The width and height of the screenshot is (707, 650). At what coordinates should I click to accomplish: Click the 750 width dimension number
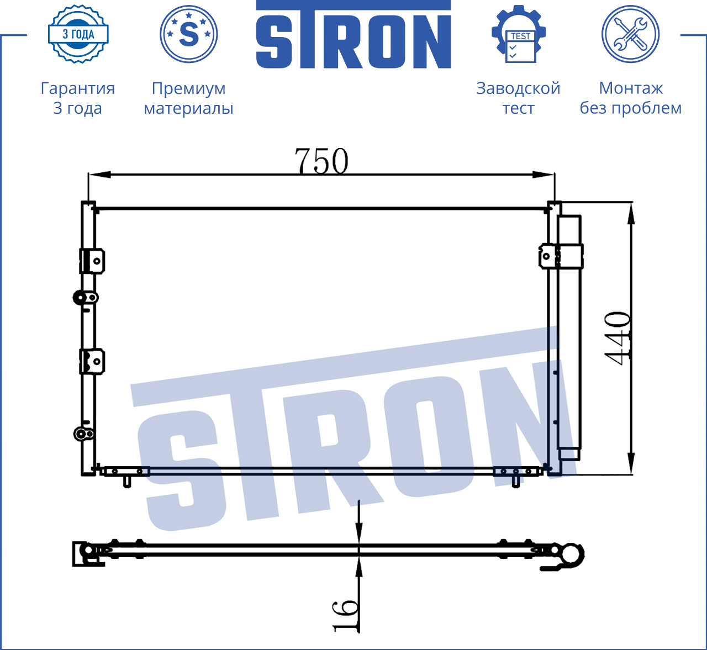coord(321,161)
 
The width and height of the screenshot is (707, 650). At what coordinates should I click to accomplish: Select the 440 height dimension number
coord(618,337)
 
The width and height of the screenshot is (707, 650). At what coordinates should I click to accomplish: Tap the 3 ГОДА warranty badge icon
coord(78,34)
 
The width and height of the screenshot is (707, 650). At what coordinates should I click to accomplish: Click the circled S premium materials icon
coord(188,34)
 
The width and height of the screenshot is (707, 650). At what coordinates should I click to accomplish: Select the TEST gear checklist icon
coord(519,34)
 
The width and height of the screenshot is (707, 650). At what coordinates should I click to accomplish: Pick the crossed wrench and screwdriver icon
coord(631,34)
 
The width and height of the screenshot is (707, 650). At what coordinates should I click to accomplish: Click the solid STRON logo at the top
coord(353,34)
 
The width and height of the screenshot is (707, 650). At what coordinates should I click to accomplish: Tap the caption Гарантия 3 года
coord(78,98)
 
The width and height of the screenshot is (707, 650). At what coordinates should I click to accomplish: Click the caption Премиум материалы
coord(188,98)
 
